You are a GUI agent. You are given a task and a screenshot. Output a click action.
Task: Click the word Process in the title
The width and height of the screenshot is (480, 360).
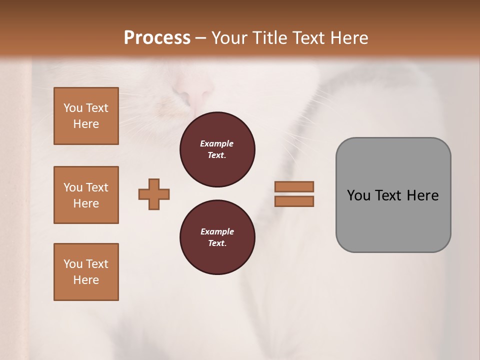pos(157,37)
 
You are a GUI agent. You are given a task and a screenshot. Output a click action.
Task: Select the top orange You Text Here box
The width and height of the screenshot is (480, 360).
pos(86,116)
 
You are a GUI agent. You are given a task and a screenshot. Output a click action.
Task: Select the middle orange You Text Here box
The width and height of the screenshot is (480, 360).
pos(86,195)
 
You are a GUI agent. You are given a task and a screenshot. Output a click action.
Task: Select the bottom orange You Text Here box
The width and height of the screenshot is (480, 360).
pos(86,272)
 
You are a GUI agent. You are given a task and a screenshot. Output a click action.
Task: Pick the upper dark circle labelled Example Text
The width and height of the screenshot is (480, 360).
pos(217,149)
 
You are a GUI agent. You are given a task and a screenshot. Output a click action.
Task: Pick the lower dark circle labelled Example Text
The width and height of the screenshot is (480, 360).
pos(217,237)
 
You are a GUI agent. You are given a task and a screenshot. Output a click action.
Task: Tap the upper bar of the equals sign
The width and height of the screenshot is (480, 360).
pos(294,186)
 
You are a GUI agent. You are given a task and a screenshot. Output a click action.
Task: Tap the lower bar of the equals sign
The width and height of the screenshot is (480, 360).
pos(294,201)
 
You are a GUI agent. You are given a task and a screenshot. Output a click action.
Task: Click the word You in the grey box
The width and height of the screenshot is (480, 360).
pos(358,195)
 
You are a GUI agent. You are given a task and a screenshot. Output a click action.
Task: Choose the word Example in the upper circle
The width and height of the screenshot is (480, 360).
pos(217,143)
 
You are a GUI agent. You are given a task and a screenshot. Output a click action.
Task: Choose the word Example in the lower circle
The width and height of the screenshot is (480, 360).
pos(217,231)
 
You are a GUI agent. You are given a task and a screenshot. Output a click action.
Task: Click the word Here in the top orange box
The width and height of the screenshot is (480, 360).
pos(86,124)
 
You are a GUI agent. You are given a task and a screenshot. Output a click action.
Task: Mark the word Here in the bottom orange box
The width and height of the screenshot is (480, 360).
pos(86,280)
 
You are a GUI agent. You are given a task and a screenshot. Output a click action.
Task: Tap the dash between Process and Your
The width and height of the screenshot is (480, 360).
pos(201,38)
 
